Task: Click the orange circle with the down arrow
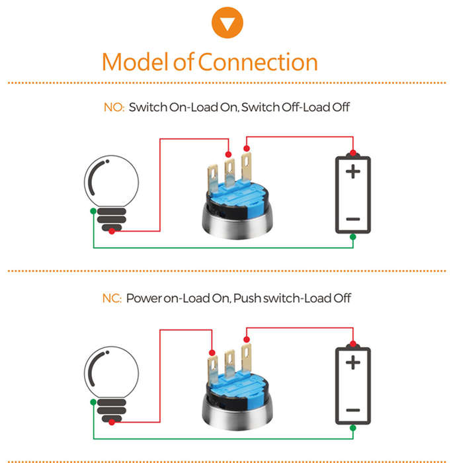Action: tap(227, 22)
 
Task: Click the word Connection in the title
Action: tap(258, 62)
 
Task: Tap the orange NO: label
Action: tap(114, 107)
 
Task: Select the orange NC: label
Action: tap(112, 298)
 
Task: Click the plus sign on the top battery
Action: tap(353, 171)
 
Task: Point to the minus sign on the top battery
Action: tap(353, 219)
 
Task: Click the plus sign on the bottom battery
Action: tap(353, 362)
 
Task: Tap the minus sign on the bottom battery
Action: tap(353, 410)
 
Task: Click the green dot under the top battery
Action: tap(353, 237)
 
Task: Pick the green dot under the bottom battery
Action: tap(353, 428)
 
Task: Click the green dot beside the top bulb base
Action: tap(93, 211)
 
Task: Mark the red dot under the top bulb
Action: tap(112, 232)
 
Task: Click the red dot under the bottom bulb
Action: tap(112, 422)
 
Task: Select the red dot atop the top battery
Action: tap(353, 153)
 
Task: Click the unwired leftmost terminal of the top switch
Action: tap(213, 178)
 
